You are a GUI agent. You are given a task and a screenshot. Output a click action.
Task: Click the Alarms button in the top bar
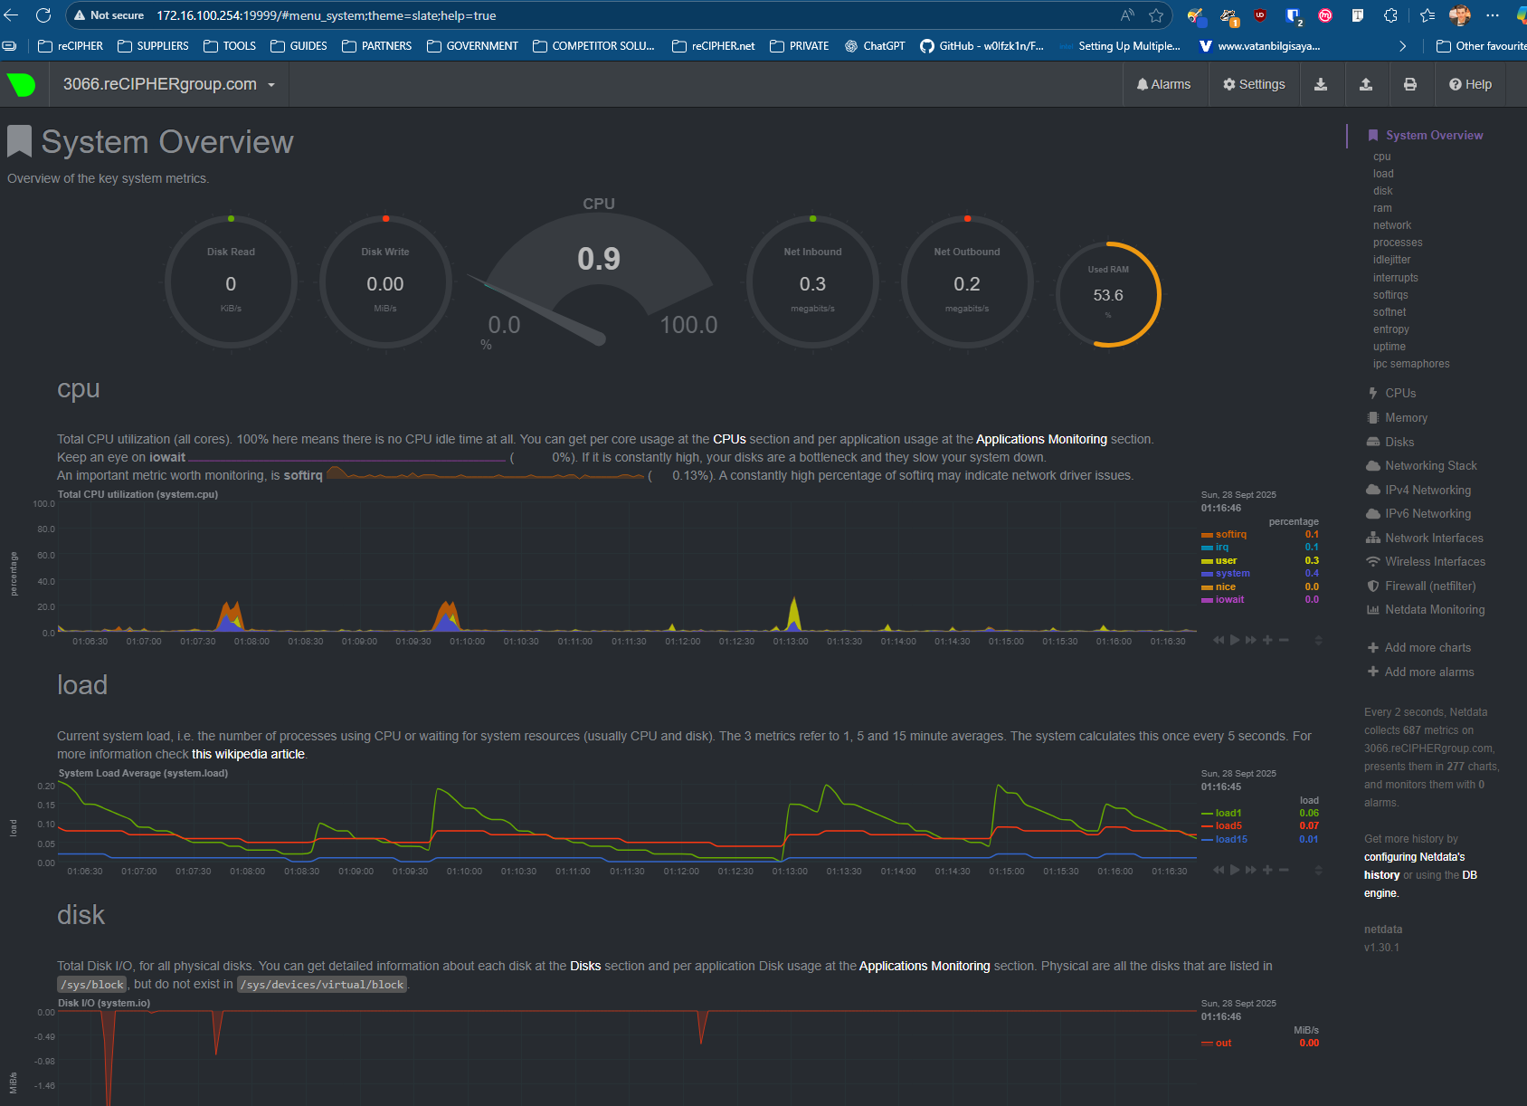[x=1163, y=84]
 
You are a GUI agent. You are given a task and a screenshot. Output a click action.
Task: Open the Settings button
[x=1254, y=84]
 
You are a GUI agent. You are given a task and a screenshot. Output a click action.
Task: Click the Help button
[x=1470, y=84]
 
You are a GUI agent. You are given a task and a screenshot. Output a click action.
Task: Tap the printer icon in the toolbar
[x=1409, y=84]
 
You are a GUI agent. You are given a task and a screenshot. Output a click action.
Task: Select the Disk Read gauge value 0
[x=231, y=284]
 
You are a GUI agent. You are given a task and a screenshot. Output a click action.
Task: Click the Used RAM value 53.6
[x=1107, y=295]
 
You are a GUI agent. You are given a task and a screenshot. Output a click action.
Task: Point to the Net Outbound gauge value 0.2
[x=966, y=284]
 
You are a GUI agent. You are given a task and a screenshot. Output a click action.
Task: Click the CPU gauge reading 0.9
[x=599, y=260]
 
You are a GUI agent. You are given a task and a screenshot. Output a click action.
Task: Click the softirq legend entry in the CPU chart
[x=1230, y=534]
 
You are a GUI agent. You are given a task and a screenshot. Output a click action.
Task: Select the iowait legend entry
[x=1229, y=599]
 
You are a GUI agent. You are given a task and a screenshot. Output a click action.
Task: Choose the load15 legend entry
[x=1230, y=839]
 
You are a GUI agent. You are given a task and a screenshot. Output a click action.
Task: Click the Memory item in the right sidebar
[x=1406, y=417]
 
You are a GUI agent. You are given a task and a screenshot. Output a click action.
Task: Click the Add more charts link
[x=1427, y=647]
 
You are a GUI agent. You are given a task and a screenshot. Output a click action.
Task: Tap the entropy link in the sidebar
[x=1390, y=329]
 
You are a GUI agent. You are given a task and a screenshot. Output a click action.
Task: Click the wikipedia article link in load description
[x=248, y=754]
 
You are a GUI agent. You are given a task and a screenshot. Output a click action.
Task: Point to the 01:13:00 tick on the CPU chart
[x=790, y=641]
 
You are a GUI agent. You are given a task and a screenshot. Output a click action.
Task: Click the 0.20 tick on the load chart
[x=46, y=786]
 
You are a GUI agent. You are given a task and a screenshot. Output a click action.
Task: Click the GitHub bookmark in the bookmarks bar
[x=982, y=46]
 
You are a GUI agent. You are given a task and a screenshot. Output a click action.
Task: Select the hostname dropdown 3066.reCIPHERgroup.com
[x=169, y=84]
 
